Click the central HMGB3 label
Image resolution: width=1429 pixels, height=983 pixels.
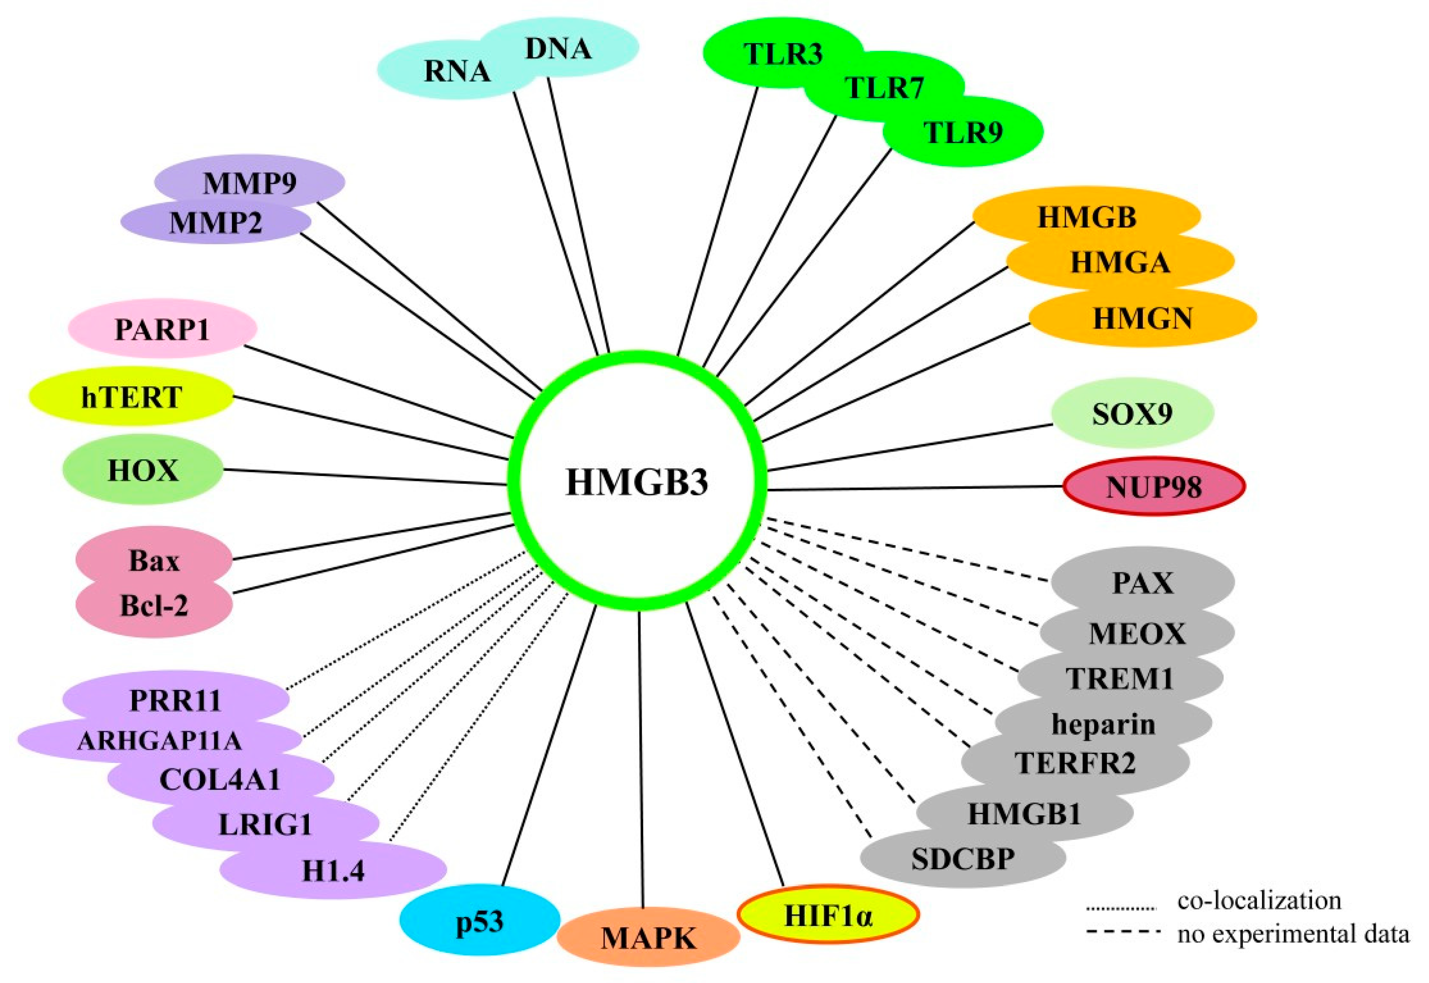[637, 482]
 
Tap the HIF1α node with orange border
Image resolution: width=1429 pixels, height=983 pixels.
[828, 916]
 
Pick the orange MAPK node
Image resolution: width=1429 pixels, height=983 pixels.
[648, 938]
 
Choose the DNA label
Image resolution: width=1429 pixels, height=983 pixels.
[558, 49]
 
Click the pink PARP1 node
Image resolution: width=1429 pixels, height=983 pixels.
[162, 330]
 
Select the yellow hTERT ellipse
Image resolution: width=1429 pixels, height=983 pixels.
[131, 397]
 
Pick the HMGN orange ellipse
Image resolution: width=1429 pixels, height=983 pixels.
[1142, 318]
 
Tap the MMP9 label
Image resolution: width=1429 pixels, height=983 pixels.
[250, 182]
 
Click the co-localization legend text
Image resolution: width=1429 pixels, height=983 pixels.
[1259, 900]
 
